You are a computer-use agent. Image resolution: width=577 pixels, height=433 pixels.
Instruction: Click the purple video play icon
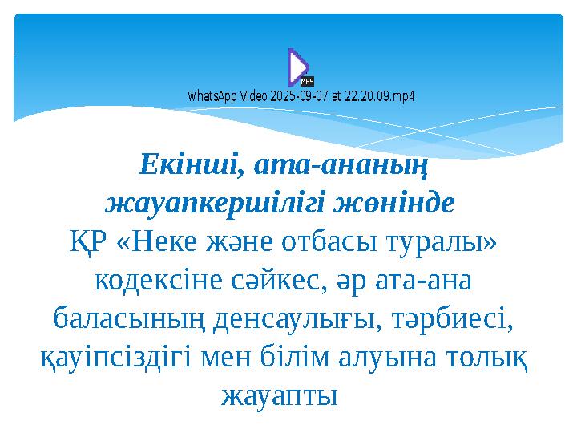pos(297,65)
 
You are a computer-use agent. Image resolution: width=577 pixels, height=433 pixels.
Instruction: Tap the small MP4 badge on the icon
pos(306,81)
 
